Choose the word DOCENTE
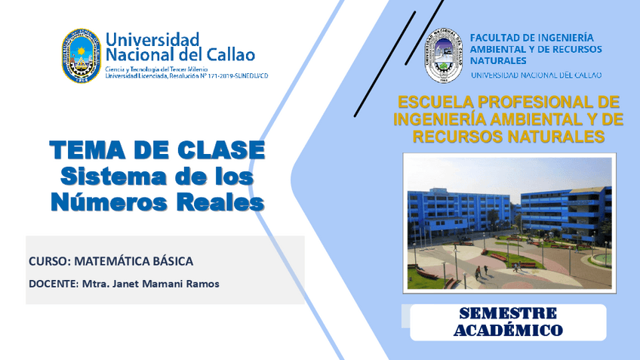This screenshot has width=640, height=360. pos(51,284)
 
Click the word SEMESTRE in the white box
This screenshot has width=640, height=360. pos(508,313)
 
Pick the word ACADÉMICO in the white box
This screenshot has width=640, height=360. pos(508,330)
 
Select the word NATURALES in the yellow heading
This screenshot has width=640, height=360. pos(554,137)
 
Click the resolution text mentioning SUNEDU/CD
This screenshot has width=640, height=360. pos(186,75)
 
